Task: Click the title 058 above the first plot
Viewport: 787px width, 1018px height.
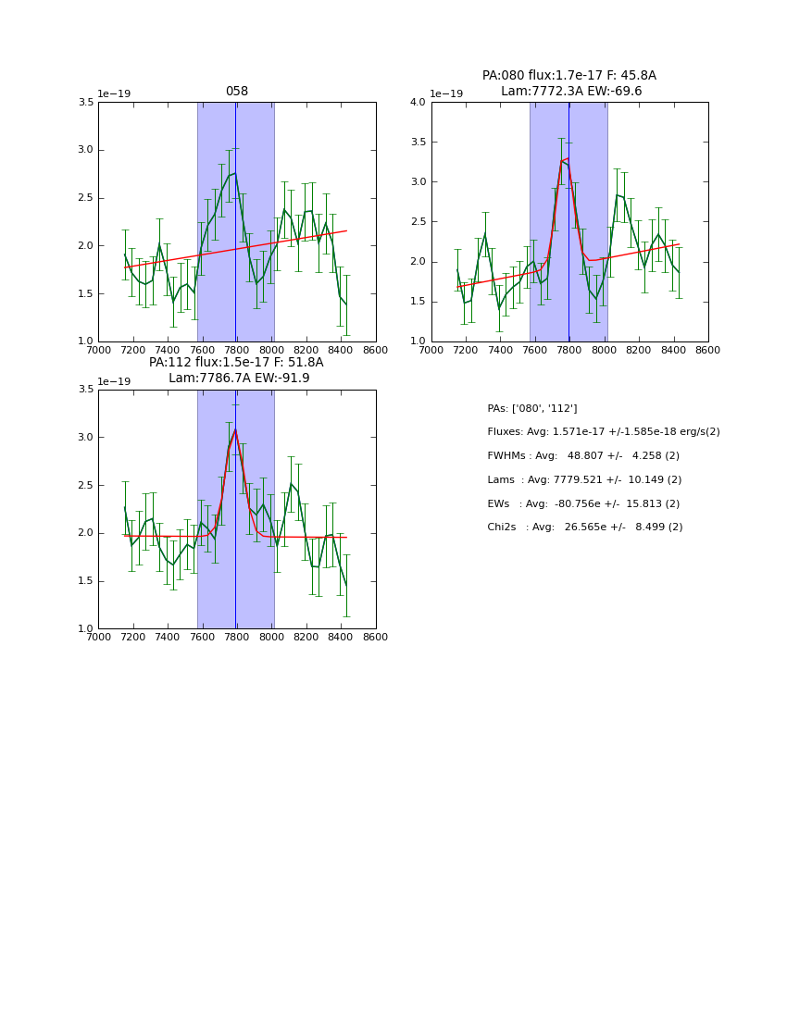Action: pyautogui.click(x=237, y=92)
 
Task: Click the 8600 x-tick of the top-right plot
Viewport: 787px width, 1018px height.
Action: pyautogui.click(x=708, y=350)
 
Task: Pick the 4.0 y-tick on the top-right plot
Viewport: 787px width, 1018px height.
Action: pyautogui.click(x=418, y=102)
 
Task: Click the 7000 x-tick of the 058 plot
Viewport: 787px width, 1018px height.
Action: pyautogui.click(x=98, y=350)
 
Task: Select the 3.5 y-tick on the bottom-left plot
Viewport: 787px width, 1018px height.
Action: pyautogui.click(x=85, y=390)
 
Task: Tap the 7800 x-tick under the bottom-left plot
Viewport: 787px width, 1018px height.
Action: pyautogui.click(x=237, y=637)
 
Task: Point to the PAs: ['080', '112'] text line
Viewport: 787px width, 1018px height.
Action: pyautogui.click(x=532, y=409)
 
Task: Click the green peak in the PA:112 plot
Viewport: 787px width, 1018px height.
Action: pyautogui.click(x=235, y=429)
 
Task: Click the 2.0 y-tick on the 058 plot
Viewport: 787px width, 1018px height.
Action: pyautogui.click(x=85, y=245)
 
